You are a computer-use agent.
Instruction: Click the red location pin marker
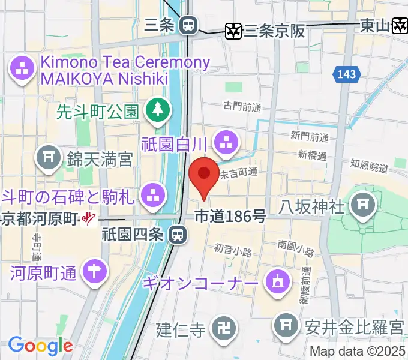(203, 176)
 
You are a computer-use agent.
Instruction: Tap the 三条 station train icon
(188, 25)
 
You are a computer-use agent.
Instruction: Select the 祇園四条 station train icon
(177, 235)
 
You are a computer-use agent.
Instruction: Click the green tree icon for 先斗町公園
(158, 109)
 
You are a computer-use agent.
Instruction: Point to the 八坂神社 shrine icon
(364, 206)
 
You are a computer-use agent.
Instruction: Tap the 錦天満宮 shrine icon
(47, 158)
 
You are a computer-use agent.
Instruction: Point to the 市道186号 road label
(231, 217)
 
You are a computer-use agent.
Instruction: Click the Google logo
(40, 346)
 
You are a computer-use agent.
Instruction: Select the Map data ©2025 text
(358, 352)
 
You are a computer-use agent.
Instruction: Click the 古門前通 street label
(243, 107)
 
